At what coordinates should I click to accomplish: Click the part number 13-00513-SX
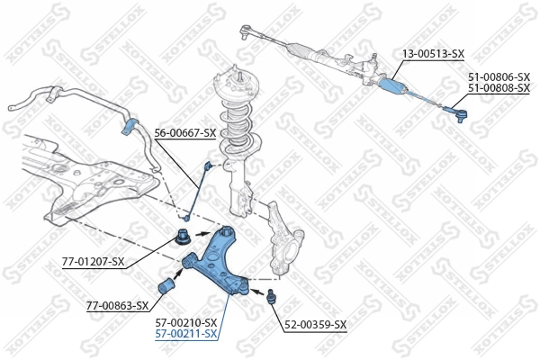click(x=433, y=54)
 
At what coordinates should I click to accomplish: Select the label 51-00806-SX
click(x=499, y=76)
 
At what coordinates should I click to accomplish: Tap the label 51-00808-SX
click(x=499, y=88)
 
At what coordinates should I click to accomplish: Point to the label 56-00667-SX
click(x=185, y=133)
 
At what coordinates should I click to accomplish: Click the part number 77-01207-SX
click(x=93, y=262)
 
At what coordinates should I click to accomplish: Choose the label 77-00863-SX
click(x=117, y=306)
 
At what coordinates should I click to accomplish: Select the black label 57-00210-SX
click(x=186, y=323)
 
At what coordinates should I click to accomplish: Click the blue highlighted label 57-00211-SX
click(x=186, y=334)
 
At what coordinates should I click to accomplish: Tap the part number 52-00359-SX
click(x=316, y=325)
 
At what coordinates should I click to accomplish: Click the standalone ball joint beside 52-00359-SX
click(x=272, y=296)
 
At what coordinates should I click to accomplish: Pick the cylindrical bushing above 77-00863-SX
click(x=166, y=285)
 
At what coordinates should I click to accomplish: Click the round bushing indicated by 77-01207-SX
click(x=182, y=237)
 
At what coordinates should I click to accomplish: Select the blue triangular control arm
click(x=216, y=261)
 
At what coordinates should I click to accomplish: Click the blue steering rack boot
click(x=393, y=86)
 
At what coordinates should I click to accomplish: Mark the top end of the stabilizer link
click(x=208, y=165)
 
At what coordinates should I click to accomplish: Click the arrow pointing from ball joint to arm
click(x=256, y=292)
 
